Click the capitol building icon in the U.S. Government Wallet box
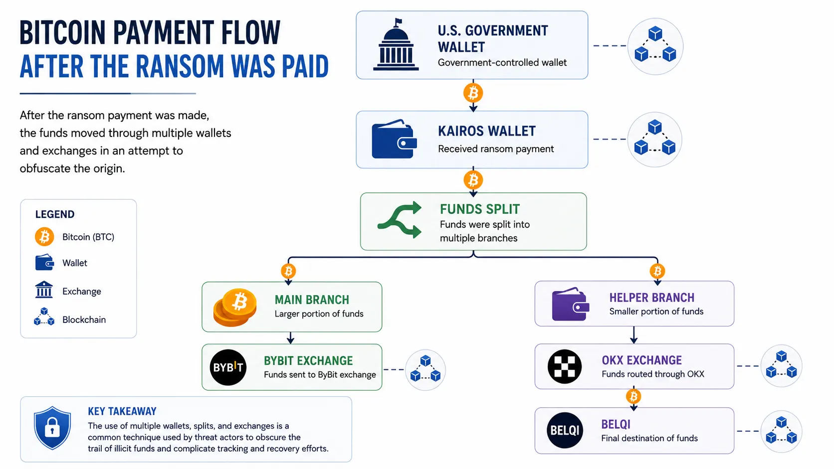click(x=396, y=44)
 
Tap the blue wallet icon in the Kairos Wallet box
click(x=394, y=139)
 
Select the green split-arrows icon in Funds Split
click(x=400, y=220)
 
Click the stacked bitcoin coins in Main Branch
click(x=235, y=308)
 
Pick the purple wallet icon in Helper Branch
click(x=571, y=304)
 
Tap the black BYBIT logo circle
click(x=228, y=367)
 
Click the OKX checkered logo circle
click(x=565, y=367)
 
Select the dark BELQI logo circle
click(x=565, y=430)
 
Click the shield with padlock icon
click(x=52, y=428)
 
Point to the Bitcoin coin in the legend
click(x=44, y=237)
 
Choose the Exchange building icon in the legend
click(x=44, y=290)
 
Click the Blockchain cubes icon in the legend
click(x=44, y=316)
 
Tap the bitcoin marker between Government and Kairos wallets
click(x=473, y=93)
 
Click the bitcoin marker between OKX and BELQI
click(x=633, y=396)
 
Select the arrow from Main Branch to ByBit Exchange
click(x=290, y=338)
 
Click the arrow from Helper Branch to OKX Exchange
click(x=633, y=335)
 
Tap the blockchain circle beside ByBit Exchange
click(x=425, y=370)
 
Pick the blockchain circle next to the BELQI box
click(x=781, y=431)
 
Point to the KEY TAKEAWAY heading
click(x=122, y=411)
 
